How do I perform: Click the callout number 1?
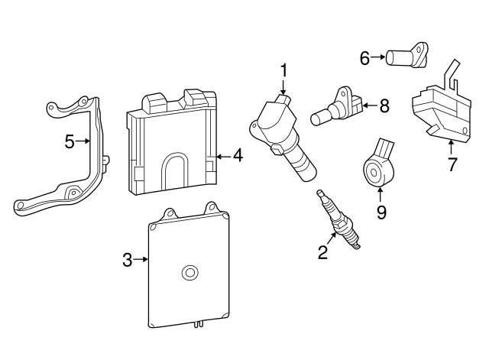coord(283,72)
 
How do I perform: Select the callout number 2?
coord(323,252)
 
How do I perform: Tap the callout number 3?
coord(128,260)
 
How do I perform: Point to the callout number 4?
coord(238,156)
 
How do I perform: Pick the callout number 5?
coord(69,141)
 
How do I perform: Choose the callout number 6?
coord(365,57)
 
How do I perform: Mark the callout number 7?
coord(452,164)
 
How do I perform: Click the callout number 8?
coord(384,105)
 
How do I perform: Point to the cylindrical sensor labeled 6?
coord(405,57)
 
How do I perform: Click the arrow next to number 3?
coord(142,260)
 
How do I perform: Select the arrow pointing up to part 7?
coord(452,145)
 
